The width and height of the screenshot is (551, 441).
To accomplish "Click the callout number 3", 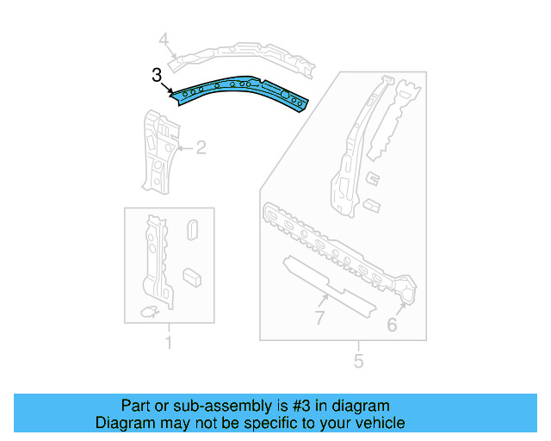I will tap(157, 76).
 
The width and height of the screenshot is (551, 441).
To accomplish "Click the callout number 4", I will tap(164, 38).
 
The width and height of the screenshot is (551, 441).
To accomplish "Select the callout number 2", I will tap(201, 148).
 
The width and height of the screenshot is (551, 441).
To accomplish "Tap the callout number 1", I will tap(169, 344).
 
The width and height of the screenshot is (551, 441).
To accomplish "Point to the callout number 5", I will tap(359, 360).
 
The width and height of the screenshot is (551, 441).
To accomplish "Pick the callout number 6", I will tap(392, 325).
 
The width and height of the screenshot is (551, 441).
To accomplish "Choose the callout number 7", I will tap(319, 320).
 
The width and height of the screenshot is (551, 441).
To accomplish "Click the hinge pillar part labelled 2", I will tap(157, 151).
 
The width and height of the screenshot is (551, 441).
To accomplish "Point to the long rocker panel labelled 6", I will tap(336, 246).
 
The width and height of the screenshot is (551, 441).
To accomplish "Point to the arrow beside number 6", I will tap(401, 302).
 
